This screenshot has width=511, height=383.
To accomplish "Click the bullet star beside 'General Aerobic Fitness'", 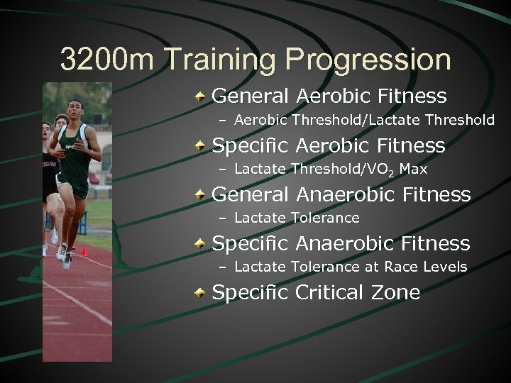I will coord(202,96).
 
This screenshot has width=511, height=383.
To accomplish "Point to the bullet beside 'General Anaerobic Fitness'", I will coord(202,195).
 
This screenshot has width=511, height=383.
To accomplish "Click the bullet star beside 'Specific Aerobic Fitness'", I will coord(202,146).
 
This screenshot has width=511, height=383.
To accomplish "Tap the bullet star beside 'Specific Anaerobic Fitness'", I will coord(202,244).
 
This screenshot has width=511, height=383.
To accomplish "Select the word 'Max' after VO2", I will coord(414,169).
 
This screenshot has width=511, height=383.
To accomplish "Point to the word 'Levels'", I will coord(446,267).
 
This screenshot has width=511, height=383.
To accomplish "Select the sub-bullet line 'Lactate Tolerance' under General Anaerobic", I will coord(297,218).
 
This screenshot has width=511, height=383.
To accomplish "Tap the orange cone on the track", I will coord(84,250).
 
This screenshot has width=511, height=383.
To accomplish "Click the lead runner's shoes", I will coord(66,257).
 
